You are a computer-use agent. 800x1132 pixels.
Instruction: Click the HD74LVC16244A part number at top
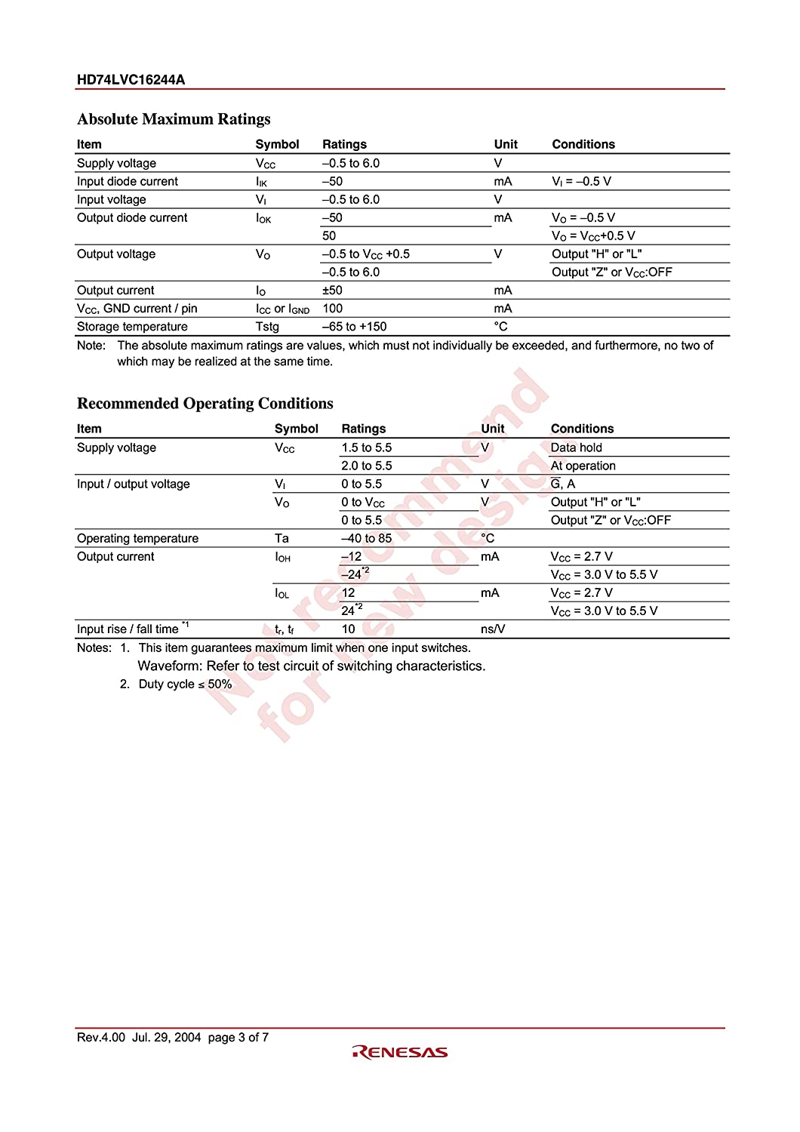(x=131, y=79)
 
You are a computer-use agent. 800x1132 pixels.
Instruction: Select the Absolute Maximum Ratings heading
(x=174, y=119)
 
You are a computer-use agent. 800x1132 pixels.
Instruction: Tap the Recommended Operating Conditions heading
(x=205, y=404)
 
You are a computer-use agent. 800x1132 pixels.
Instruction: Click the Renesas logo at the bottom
(x=399, y=1052)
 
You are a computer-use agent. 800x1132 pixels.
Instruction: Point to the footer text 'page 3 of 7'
(x=238, y=1038)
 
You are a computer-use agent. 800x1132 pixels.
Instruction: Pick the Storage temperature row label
(x=132, y=327)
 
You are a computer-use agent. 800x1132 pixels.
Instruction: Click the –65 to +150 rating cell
(x=354, y=327)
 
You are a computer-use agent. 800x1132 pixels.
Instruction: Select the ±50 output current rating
(x=332, y=291)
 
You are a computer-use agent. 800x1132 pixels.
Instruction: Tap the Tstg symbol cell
(x=267, y=327)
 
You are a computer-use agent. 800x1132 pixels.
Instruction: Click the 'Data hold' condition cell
(x=576, y=448)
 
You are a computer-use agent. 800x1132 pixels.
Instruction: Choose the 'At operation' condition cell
(x=583, y=466)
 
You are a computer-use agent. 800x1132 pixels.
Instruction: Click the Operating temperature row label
(x=137, y=538)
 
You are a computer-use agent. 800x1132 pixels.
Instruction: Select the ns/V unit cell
(x=492, y=629)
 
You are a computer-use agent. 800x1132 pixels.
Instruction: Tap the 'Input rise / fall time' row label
(x=128, y=629)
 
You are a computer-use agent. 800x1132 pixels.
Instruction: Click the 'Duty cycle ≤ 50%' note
(x=185, y=684)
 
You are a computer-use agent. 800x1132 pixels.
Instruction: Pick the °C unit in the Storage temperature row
(x=500, y=327)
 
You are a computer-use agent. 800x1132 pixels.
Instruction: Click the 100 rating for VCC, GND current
(x=332, y=309)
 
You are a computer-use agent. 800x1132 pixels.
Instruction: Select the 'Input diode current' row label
(x=128, y=182)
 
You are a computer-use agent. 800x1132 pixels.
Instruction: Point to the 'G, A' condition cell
(x=562, y=484)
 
